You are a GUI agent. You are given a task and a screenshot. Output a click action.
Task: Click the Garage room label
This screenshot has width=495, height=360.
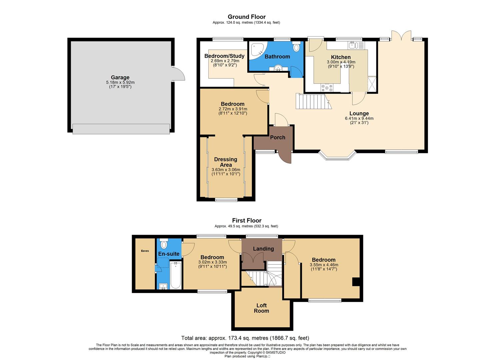[x=120, y=78]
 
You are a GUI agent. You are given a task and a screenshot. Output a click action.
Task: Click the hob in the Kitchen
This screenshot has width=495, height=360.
[x=327, y=88]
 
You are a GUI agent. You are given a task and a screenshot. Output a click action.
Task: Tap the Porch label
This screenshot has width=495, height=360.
[x=277, y=137]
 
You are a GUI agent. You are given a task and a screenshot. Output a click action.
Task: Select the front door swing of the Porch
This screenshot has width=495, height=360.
[x=285, y=157]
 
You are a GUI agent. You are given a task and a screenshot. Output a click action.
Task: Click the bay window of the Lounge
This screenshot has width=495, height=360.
[x=337, y=156]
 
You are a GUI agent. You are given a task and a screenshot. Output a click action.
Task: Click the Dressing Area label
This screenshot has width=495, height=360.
[x=226, y=162]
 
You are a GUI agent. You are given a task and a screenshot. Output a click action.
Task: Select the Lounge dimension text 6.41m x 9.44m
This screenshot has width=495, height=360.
[x=359, y=118]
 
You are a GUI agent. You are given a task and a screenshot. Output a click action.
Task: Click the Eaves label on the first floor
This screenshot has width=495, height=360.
[x=145, y=251]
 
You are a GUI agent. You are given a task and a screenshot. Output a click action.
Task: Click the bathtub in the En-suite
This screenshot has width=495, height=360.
[x=175, y=275]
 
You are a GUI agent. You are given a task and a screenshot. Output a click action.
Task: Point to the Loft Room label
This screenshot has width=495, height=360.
[x=261, y=308]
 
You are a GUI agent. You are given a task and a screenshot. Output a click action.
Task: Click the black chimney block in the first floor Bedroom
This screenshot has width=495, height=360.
[x=356, y=282]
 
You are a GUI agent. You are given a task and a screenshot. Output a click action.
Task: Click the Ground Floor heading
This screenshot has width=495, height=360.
[x=247, y=17]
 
